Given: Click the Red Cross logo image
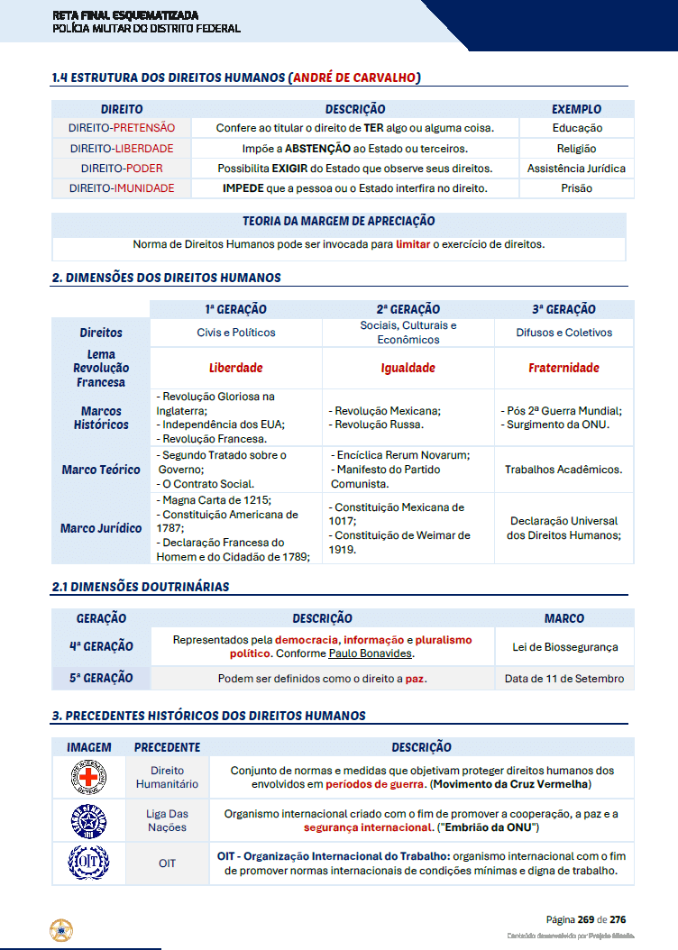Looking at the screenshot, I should [88, 777].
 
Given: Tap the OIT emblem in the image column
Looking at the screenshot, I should [88, 863].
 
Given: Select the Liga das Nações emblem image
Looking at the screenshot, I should [88, 820].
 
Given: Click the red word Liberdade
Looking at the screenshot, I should [235, 368].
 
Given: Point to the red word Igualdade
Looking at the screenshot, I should [408, 368].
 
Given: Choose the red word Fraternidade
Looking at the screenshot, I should [563, 368].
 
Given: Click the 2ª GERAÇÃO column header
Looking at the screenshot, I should [408, 309].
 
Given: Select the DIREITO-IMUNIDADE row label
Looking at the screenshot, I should [122, 188].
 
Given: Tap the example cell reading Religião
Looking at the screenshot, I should [576, 149].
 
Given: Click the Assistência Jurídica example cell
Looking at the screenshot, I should [576, 169].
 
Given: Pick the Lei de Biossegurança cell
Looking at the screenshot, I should [564, 646].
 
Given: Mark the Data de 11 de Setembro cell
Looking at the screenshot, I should [564, 679].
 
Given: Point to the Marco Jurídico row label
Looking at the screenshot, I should [101, 528].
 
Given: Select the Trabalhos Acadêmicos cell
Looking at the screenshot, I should [563, 470].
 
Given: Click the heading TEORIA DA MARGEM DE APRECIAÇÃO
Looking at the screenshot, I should [338, 221].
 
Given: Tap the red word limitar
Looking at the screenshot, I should [413, 244].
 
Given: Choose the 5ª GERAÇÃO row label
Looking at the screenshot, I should [101, 678].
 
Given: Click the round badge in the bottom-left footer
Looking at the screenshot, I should [61, 929].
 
